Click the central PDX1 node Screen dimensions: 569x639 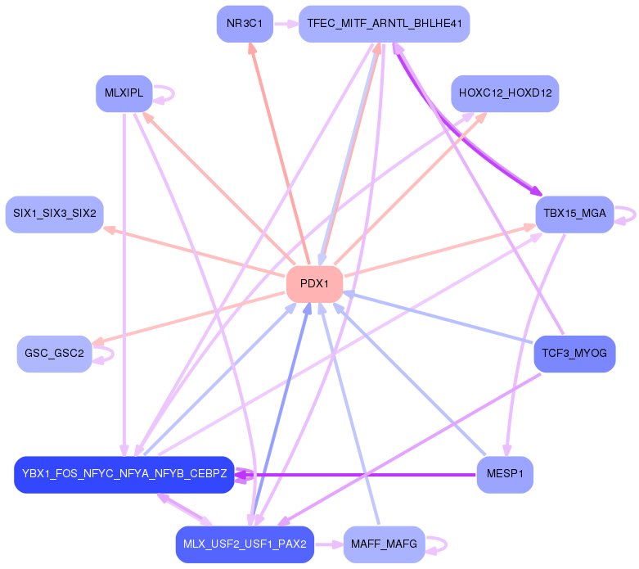314,284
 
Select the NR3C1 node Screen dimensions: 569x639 245,24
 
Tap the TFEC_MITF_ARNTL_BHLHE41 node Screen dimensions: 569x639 384,24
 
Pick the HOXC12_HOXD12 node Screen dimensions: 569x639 505,93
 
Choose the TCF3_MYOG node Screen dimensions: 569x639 574,354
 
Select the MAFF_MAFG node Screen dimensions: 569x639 384,544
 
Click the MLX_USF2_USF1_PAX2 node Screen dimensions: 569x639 245,544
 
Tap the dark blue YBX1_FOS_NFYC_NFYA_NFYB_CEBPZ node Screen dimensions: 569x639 124,475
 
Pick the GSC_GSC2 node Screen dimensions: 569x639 54,354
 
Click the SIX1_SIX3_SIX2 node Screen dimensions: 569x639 54,214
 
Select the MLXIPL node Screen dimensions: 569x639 124,93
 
